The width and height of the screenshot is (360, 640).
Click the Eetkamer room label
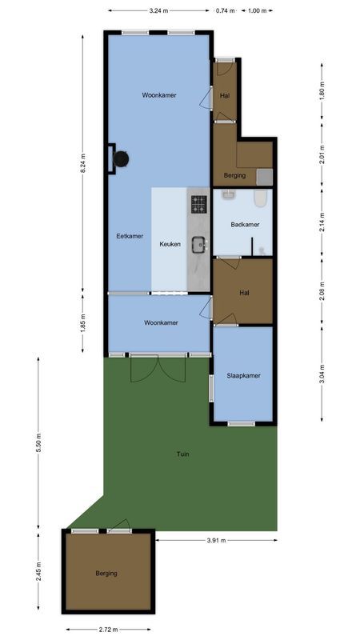(x=130, y=236)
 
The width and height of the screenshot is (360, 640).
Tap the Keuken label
(x=170, y=244)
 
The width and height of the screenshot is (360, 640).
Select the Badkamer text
(x=245, y=225)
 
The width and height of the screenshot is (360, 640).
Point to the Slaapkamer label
(x=243, y=375)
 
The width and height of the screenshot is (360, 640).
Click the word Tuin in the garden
(x=183, y=454)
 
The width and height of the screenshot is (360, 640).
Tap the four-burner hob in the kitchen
(x=199, y=204)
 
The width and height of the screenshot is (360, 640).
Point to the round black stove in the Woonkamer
(x=121, y=159)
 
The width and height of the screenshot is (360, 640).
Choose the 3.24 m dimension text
(x=158, y=11)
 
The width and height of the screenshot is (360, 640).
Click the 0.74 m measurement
(x=226, y=11)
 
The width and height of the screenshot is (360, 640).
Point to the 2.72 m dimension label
(x=108, y=630)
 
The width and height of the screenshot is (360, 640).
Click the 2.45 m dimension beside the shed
(x=38, y=573)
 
